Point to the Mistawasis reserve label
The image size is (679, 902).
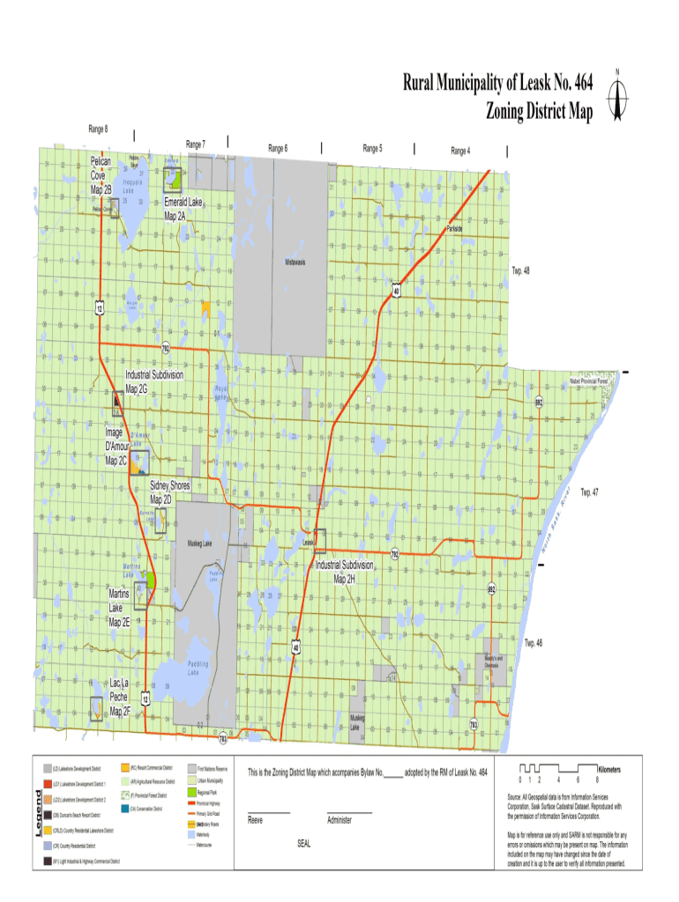coord(295,262)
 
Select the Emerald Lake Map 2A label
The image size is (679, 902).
coord(183,209)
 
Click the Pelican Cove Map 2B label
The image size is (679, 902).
coord(101,175)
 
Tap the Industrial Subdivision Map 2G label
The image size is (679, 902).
coord(153,381)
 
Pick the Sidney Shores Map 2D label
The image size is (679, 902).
coord(169,492)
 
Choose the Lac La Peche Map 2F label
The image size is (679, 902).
coord(120,696)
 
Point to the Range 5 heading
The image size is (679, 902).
coord(372,149)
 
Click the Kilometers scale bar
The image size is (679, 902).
coord(559,770)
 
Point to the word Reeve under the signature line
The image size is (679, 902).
coord(255,819)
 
